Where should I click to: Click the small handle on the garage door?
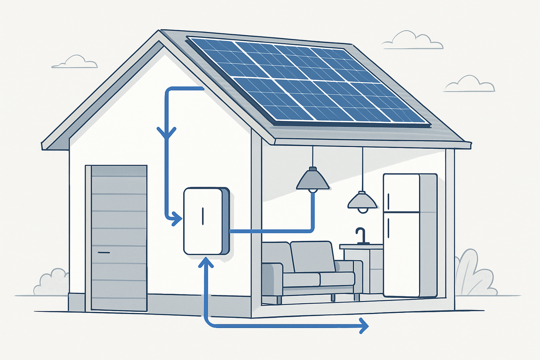[x=104, y=252]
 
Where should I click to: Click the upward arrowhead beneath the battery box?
[x=206, y=262]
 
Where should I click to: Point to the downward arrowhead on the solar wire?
[x=166, y=134]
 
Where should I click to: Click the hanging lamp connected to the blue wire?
[x=312, y=180]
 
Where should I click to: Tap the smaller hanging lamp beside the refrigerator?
[x=362, y=202]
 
